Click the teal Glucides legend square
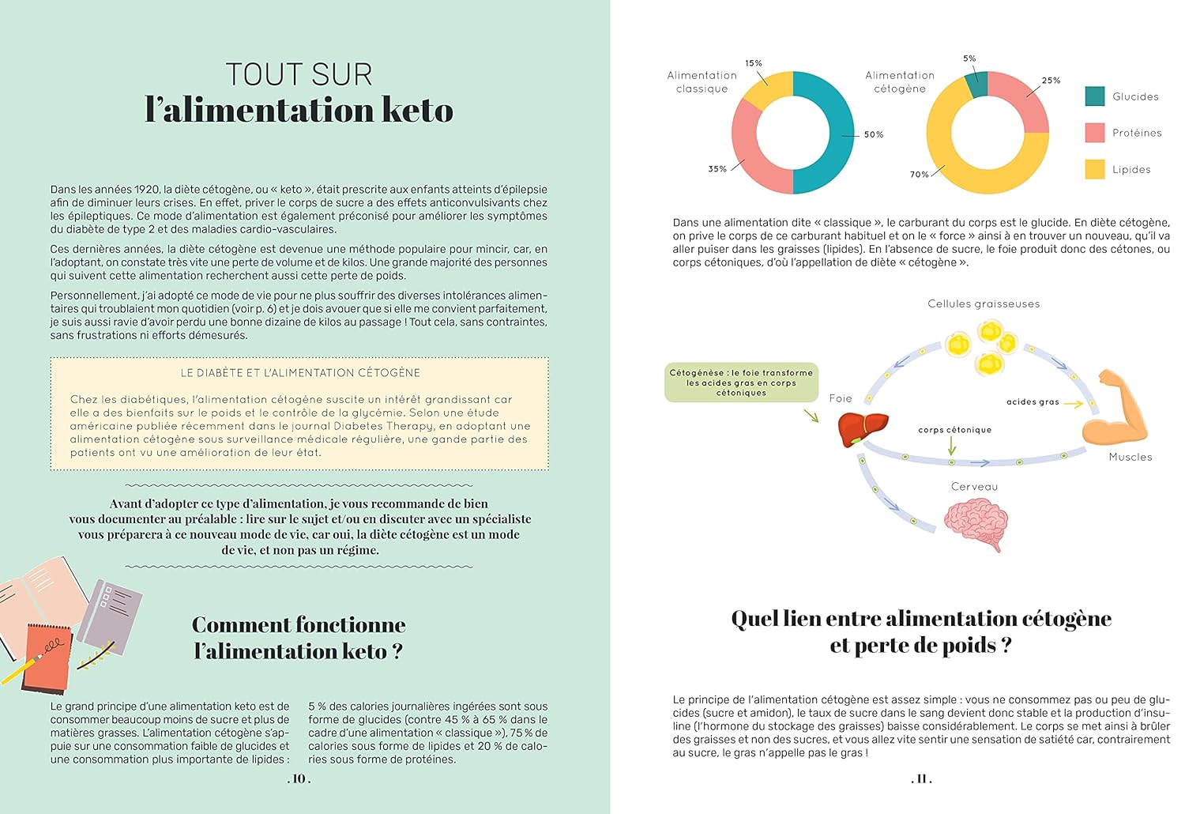coord(1095,96)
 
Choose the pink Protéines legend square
coord(1095,133)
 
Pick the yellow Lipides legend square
coord(1095,169)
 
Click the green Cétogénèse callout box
coord(741,383)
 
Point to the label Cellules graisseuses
coord(984,304)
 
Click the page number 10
coord(299,779)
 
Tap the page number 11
coord(921,779)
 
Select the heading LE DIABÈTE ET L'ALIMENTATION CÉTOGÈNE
coord(300,373)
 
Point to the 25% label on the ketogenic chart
coord(1051,81)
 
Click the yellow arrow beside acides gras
coord(1073,404)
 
